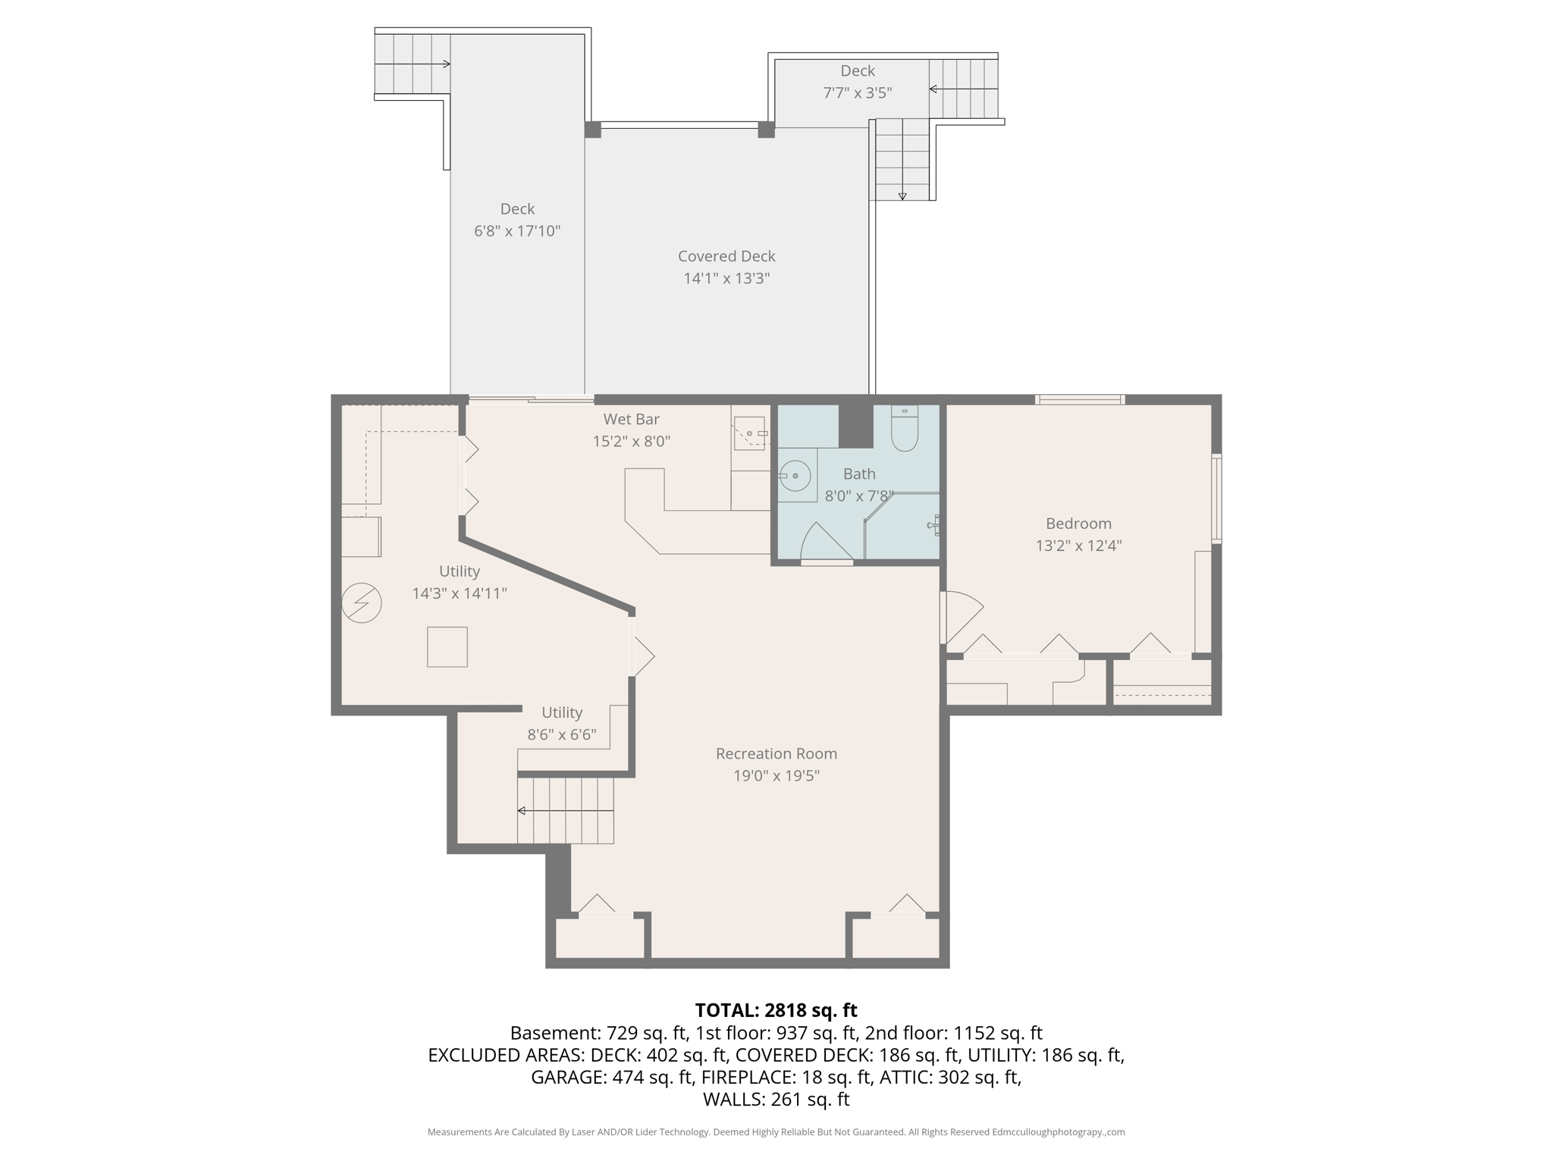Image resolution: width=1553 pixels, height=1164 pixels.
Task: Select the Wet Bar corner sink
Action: [x=749, y=433]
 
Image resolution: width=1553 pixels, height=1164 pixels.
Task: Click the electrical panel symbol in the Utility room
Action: [x=362, y=603]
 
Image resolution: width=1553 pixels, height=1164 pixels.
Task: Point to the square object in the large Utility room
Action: [x=447, y=646]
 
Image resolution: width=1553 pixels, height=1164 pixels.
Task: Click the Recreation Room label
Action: [x=776, y=753]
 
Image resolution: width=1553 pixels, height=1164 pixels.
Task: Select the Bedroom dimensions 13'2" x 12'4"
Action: [x=1078, y=546]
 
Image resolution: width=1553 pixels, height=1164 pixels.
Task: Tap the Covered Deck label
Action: [x=726, y=256]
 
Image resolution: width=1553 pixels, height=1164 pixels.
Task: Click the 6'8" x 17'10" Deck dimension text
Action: [x=517, y=231]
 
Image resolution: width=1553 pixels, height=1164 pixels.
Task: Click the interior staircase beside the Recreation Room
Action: [x=566, y=810]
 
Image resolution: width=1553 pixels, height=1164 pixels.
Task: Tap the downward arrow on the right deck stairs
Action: [x=902, y=195]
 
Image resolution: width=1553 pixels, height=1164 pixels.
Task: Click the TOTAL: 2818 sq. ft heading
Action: [x=776, y=1010]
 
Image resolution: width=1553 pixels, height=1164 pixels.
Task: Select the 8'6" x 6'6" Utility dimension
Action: [x=562, y=735]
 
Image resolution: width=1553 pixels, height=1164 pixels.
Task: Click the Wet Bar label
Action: [x=631, y=419]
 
